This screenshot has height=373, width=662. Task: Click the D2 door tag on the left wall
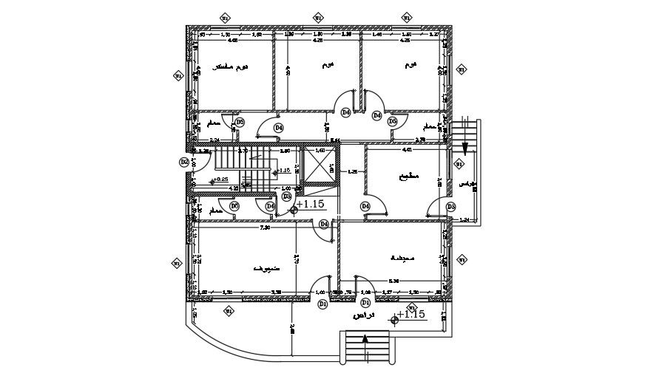183,162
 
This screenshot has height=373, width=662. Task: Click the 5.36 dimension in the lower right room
394,281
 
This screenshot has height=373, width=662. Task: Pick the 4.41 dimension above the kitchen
406,150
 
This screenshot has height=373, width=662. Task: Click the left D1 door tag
322,304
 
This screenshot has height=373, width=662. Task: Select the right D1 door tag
365,303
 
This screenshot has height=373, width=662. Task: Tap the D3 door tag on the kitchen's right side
450,207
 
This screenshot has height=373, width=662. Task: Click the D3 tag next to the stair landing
286,196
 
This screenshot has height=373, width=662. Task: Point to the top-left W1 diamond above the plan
226,18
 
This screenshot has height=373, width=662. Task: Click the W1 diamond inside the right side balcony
459,164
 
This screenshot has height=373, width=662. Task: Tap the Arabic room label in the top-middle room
326,66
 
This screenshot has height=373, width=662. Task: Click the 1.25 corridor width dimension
353,171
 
